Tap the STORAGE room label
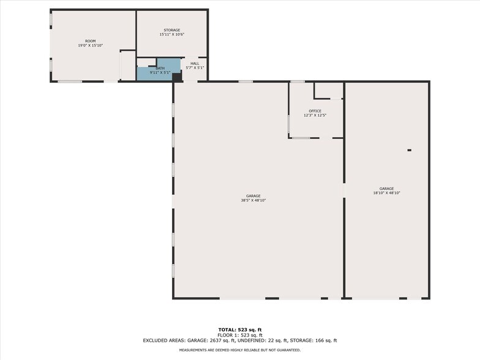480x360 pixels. click(171, 30)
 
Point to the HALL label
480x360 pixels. click(194, 63)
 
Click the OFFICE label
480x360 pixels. click(315, 111)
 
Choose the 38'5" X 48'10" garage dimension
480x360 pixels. click(253, 200)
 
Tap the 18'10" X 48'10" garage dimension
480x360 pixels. click(386, 193)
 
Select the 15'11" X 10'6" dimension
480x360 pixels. click(171, 34)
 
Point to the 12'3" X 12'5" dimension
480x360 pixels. click(315, 115)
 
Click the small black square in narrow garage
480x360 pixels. click(409, 150)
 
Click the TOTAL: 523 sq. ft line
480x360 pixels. click(239, 330)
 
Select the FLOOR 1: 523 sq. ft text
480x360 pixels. click(239, 335)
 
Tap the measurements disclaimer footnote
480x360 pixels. click(239, 350)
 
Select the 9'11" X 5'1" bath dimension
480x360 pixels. click(160, 72)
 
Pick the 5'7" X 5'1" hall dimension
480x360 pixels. click(194, 67)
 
